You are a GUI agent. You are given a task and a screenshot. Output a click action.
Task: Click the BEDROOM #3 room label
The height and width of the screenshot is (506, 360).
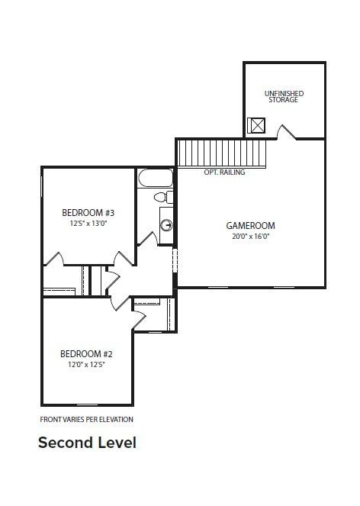[x=88, y=213]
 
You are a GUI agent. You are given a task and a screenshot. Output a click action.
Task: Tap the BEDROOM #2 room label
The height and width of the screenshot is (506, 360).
[x=86, y=354]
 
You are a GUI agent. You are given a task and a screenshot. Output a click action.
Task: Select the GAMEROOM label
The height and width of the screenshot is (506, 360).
[x=251, y=226]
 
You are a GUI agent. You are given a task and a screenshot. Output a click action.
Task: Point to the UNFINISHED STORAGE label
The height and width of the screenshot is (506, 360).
[x=284, y=96]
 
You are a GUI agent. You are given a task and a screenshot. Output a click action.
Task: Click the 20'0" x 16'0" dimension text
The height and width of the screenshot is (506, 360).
[x=251, y=237]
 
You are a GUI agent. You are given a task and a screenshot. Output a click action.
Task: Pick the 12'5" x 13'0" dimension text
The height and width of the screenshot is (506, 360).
[x=88, y=224]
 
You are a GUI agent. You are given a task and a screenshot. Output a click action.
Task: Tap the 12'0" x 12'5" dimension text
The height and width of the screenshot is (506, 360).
[x=87, y=365]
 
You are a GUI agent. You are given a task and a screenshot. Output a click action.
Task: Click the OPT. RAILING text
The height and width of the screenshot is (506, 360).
[x=224, y=172]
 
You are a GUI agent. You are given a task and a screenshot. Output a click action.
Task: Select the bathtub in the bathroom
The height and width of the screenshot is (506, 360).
[x=156, y=178]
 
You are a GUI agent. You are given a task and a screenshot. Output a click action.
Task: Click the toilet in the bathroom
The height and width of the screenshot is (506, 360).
[x=163, y=197]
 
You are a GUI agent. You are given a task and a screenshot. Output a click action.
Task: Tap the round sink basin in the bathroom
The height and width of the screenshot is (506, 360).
[x=167, y=225]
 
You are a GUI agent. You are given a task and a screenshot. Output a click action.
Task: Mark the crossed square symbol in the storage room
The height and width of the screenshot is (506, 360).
[x=256, y=125]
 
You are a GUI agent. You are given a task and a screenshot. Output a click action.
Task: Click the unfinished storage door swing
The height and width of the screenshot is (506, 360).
[x=286, y=133]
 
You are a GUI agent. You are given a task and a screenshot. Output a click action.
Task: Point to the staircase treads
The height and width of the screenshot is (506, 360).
[x=222, y=153]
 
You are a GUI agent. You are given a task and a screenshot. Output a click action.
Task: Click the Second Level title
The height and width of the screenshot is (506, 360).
[x=87, y=443]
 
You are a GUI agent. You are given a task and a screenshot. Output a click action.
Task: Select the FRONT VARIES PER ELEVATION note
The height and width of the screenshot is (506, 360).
[x=86, y=420]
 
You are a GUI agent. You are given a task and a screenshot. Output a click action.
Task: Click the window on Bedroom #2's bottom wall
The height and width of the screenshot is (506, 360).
[x=88, y=404]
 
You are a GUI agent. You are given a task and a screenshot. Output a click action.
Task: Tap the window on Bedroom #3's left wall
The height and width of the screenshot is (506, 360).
[x=42, y=186]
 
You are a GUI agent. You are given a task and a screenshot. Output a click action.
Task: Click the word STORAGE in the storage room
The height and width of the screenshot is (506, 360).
[x=284, y=100]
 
